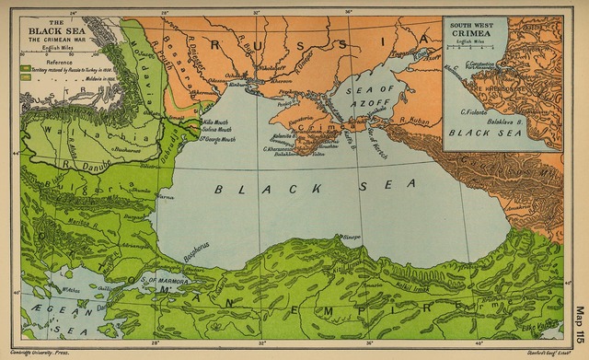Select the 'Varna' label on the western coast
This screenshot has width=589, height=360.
pyautogui.click(x=165, y=197)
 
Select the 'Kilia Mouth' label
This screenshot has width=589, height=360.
pyautogui.click(x=215, y=122)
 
